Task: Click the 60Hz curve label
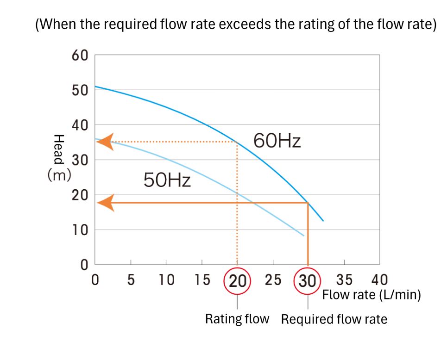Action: (x=277, y=141)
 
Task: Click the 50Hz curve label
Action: (x=167, y=180)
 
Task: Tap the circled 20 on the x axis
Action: (x=237, y=280)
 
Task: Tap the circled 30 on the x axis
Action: (x=308, y=280)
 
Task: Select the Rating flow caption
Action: (x=237, y=319)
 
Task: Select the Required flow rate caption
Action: (x=334, y=319)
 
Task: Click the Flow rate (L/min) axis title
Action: (x=371, y=295)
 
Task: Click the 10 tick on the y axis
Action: (x=80, y=230)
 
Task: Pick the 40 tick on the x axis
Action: (x=379, y=280)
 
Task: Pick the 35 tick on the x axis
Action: (x=343, y=280)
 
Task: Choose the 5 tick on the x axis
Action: (x=131, y=280)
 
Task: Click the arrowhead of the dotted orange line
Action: (x=105, y=142)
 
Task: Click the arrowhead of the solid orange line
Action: (x=106, y=203)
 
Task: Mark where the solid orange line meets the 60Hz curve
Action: (x=308, y=203)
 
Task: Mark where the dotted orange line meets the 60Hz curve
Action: (x=237, y=142)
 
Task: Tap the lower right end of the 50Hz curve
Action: (x=304, y=236)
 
